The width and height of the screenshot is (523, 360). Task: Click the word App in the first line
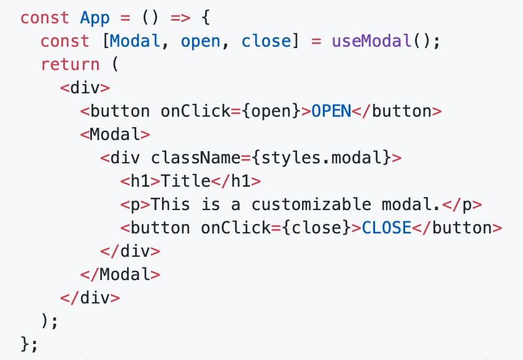95,17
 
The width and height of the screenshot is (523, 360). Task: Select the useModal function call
371,41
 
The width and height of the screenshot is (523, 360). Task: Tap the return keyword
70,64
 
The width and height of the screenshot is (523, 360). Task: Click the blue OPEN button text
331,111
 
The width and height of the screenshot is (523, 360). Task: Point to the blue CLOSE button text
387,227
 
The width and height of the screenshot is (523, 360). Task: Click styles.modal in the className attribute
322,157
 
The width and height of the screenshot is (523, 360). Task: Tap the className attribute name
196,157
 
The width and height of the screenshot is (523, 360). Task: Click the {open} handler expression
271,111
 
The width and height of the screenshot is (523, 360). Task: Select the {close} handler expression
316,227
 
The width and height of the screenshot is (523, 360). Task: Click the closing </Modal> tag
120,274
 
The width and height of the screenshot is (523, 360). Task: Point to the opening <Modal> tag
115,134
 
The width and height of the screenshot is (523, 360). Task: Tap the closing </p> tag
462,204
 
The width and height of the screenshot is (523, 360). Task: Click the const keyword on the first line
45,17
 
